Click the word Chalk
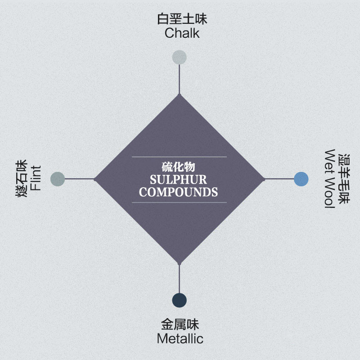[x=182, y=33]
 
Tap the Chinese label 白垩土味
[x=182, y=19]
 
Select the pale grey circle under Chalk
[x=179, y=57]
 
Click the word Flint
[x=36, y=178]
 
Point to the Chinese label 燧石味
[x=22, y=178]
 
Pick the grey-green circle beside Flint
[x=58, y=179]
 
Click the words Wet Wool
[x=330, y=179]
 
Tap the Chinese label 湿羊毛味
[x=344, y=179]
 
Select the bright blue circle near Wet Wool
[x=301, y=179]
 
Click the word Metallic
[x=180, y=339]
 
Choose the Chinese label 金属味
[x=180, y=324]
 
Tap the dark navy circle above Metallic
[x=179, y=300]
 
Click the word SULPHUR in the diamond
[x=178, y=180]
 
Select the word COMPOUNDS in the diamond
[x=178, y=192]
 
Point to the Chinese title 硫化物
[x=178, y=167]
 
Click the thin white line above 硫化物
[x=179, y=157]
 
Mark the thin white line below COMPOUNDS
[x=179, y=202]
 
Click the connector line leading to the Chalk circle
[x=179, y=79]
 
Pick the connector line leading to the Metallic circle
[x=179, y=278]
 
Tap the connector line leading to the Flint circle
[x=80, y=179]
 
